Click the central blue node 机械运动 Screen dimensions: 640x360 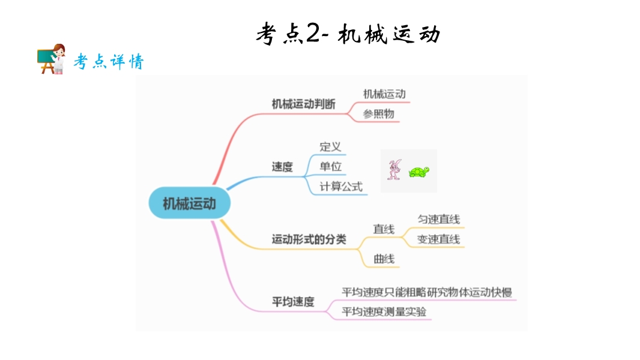tap(189, 203)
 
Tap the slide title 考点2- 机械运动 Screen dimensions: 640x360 tap(348, 34)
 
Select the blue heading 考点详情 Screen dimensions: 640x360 tap(109, 62)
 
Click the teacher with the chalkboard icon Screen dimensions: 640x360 tap(52, 59)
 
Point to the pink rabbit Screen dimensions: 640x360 tap(394, 170)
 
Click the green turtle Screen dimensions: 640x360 tap(419, 172)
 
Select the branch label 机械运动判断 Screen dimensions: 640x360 tap(303, 104)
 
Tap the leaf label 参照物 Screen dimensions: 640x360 tap(378, 113)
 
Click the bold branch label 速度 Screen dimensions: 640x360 tap(282, 167)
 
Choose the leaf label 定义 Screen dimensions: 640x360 tap(330, 147)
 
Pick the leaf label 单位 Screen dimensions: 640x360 tap(330, 166)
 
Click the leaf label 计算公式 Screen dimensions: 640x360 tap(341, 187)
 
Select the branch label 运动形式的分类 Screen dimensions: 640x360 tap(309, 239)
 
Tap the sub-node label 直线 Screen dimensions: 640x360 tap(384, 229)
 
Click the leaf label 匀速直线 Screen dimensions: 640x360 tap(438, 220)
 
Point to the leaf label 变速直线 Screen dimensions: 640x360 tap(438, 239)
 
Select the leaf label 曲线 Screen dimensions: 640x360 tap(384, 259)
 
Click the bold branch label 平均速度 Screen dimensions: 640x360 tap(293, 302)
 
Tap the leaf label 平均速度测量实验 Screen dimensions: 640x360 tap(384, 311)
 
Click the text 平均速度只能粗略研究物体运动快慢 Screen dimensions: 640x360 tap(426, 292)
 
